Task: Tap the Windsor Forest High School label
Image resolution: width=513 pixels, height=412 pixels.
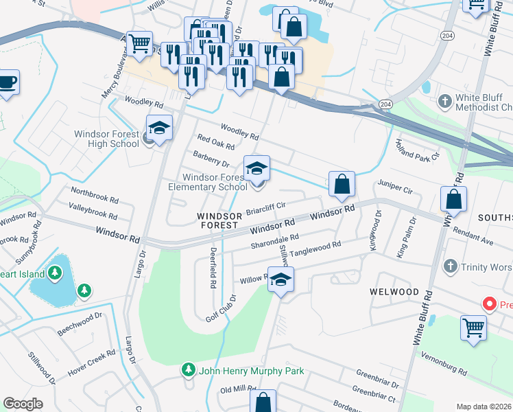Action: click(x=110, y=139)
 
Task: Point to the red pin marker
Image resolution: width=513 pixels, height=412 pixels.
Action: click(x=490, y=303)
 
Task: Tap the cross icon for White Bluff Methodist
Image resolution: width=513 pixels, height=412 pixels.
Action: click(x=445, y=102)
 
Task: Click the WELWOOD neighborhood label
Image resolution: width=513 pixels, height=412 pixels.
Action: click(x=394, y=292)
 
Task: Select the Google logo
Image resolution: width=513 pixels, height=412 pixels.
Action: click(x=23, y=404)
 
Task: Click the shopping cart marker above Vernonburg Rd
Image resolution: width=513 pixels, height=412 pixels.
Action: click(x=474, y=328)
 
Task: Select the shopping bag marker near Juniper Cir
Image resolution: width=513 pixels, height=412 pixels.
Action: click(x=341, y=184)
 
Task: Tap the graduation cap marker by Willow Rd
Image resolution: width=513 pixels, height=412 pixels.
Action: click(x=281, y=279)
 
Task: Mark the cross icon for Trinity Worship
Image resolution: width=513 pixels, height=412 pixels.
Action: click(x=451, y=265)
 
